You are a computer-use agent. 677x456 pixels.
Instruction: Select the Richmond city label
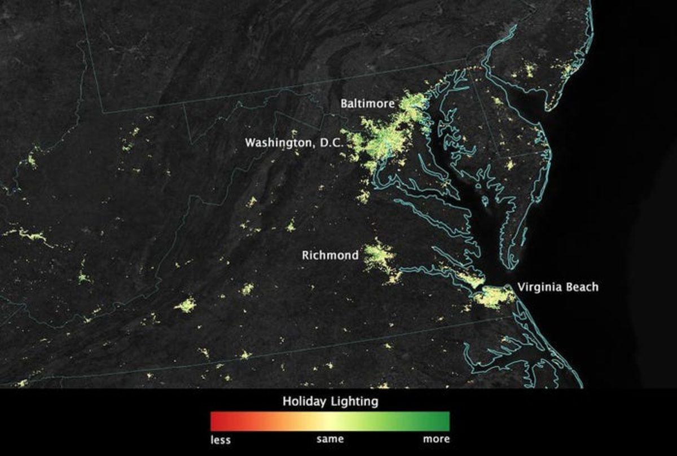tap(329, 256)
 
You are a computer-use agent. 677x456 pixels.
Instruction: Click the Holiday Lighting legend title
tap(330, 402)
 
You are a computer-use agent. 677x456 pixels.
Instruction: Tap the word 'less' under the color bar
tap(221, 439)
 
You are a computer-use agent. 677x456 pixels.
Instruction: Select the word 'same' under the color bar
tap(329, 439)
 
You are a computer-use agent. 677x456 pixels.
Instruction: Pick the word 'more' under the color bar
tap(437, 439)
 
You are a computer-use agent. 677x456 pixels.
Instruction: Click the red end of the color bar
tap(214, 421)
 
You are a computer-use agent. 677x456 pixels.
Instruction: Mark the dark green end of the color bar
tap(445, 421)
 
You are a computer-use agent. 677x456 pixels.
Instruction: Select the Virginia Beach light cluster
tap(494, 296)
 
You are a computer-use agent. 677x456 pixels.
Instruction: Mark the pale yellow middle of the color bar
tap(330, 421)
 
